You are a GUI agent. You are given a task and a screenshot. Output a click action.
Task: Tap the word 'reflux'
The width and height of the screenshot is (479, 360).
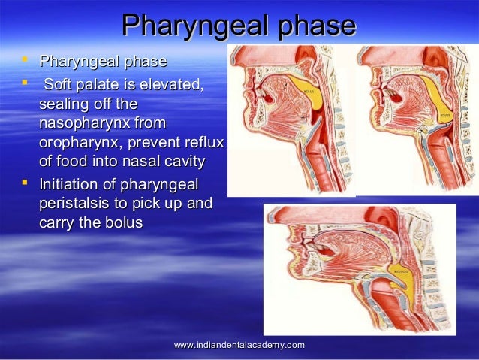pyautogui.click(x=203, y=143)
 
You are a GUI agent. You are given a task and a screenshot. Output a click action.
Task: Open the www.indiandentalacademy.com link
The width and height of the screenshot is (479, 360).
pyautogui.click(x=239, y=345)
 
